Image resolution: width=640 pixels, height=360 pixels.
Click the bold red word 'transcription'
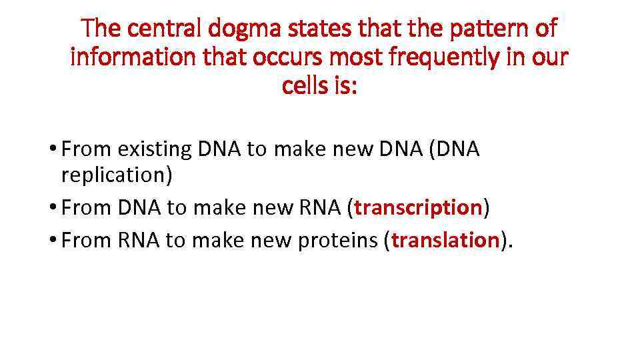point(418,207)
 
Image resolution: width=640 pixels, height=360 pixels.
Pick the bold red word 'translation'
point(445,239)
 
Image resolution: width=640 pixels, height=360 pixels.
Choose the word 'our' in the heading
point(549,58)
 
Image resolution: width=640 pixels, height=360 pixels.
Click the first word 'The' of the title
point(100,29)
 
